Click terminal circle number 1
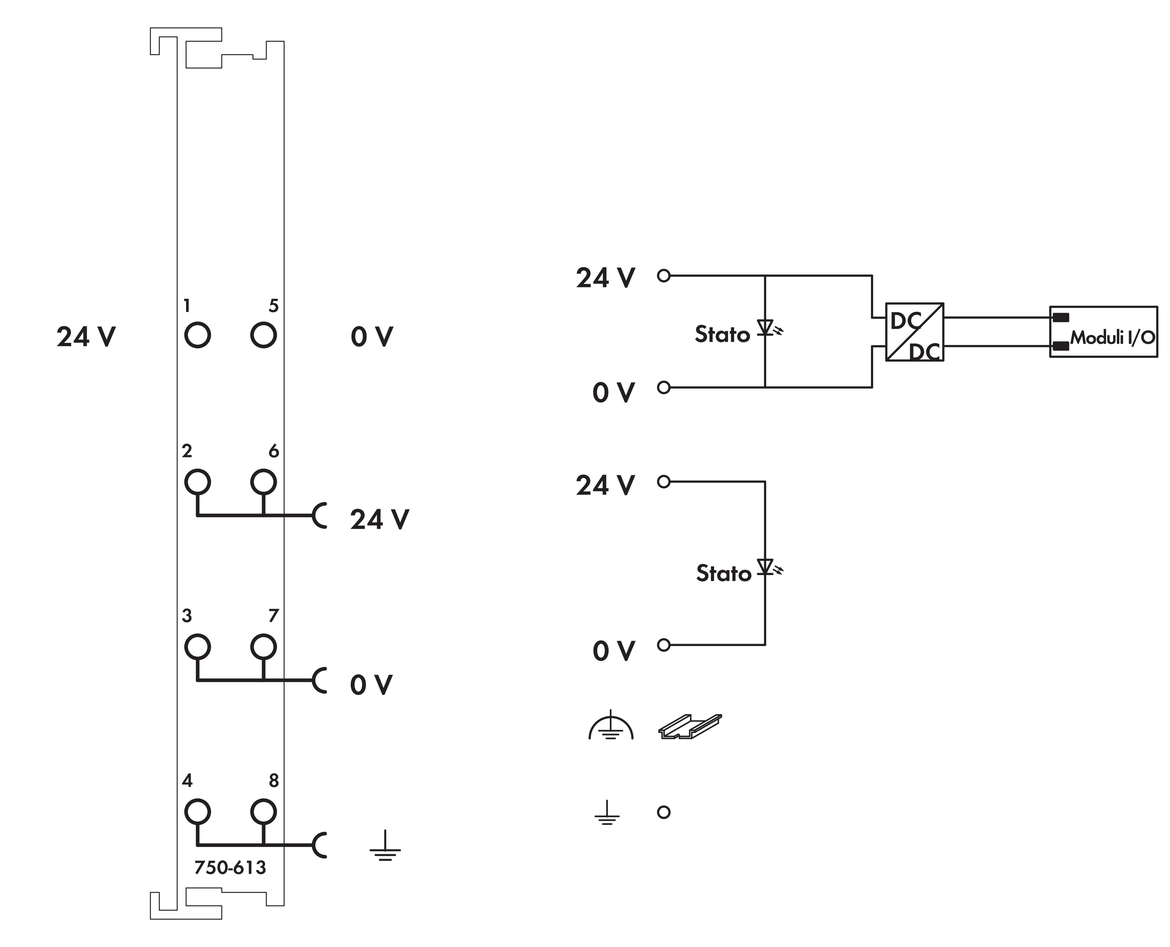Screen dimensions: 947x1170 pyautogui.click(x=197, y=334)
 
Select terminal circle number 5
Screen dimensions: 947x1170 pyautogui.click(x=263, y=334)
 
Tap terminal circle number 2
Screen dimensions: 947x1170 pyautogui.click(x=197, y=482)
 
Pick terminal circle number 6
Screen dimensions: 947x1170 pyautogui.click(x=263, y=482)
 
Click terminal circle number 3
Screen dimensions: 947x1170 pyautogui.click(x=197, y=647)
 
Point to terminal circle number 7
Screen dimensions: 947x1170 pyautogui.click(x=263, y=647)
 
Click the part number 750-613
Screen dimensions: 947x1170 pyautogui.click(x=230, y=867)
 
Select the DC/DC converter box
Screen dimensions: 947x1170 pyautogui.click(x=915, y=332)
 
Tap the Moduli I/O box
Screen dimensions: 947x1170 pyautogui.click(x=1103, y=332)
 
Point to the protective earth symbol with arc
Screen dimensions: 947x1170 pyautogui.click(x=611, y=727)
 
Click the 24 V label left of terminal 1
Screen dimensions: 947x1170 pyautogui.click(x=86, y=336)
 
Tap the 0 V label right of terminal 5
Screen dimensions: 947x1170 pyautogui.click(x=371, y=336)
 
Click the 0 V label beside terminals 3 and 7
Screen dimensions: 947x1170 pyautogui.click(x=371, y=685)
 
